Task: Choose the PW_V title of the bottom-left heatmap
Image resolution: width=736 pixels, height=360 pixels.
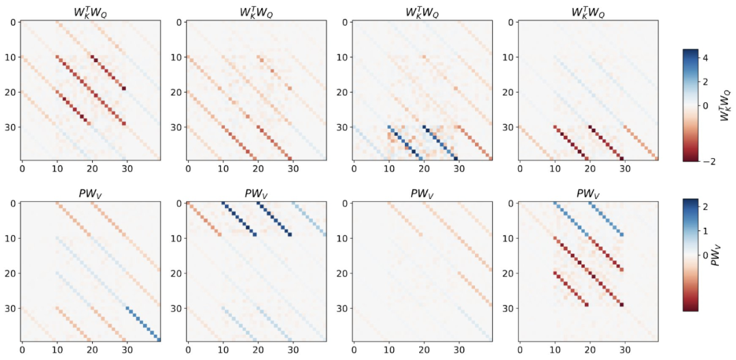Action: (x=91, y=194)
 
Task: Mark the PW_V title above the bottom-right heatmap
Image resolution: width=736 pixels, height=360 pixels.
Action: (x=589, y=194)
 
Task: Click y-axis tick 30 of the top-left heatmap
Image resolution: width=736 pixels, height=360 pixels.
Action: (x=10, y=127)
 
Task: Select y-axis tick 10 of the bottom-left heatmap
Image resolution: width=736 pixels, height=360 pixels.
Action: (x=10, y=239)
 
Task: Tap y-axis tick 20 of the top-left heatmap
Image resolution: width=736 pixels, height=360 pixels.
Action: (x=10, y=92)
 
